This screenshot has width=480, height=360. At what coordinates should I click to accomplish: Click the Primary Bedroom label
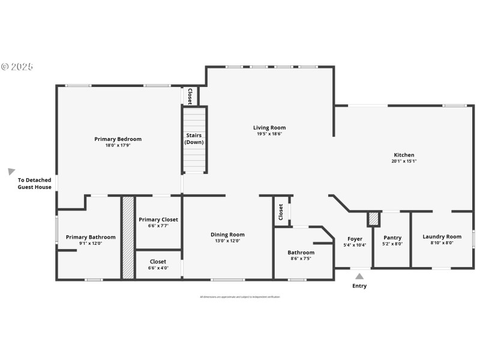[x=118, y=139]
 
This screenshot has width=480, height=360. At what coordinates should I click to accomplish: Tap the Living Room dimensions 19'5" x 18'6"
[x=269, y=134]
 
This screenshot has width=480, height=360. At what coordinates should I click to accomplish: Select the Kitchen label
[x=404, y=155]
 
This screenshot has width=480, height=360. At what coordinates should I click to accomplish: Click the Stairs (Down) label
[x=194, y=139]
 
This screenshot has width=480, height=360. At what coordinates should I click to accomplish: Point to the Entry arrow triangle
[x=359, y=276]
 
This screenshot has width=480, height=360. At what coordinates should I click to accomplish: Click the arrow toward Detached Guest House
[x=11, y=172]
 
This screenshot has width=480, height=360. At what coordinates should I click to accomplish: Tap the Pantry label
[x=392, y=238]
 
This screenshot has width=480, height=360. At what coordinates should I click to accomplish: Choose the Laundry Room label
[x=442, y=236]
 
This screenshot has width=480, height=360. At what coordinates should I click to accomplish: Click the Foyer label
[x=355, y=238]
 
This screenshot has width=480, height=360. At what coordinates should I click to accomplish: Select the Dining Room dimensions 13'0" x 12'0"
[x=227, y=241]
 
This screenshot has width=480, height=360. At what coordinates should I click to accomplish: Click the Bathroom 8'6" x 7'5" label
[x=301, y=253]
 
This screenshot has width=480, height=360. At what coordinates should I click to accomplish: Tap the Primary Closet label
[x=158, y=220]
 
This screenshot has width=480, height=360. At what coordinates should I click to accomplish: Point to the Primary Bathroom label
[x=91, y=237]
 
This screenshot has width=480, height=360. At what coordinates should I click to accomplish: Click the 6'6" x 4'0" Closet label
[x=158, y=262]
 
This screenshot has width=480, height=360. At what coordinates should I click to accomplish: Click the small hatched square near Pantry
[x=374, y=219]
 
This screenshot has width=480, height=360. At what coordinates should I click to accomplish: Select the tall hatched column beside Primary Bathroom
[x=127, y=237]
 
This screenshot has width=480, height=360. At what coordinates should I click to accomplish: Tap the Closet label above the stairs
[x=190, y=96]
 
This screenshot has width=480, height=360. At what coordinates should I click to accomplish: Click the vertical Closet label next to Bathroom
[x=281, y=212]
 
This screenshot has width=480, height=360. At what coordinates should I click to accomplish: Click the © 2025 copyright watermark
[x=17, y=67]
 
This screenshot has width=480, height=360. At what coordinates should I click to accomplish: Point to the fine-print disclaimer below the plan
[x=239, y=296]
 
